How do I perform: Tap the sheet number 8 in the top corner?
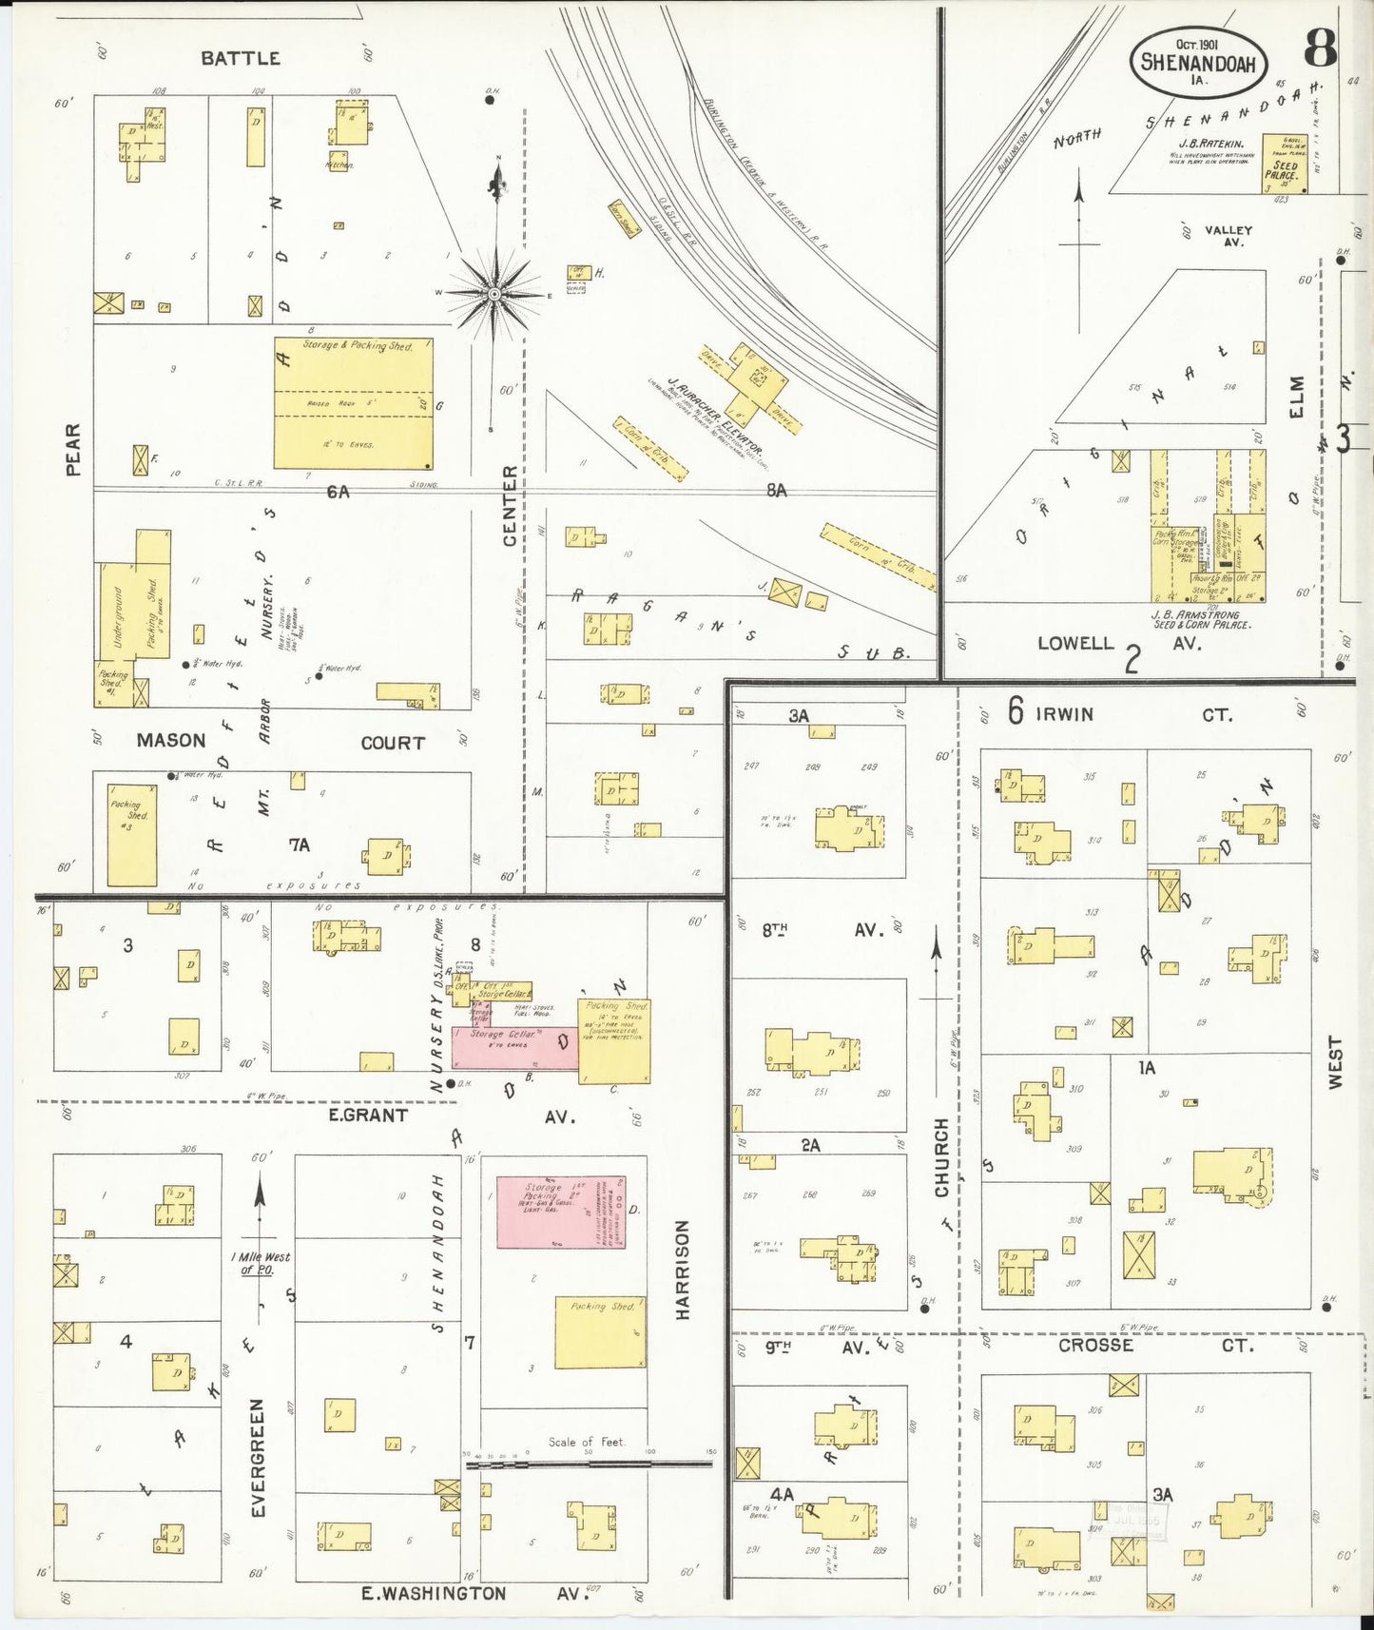1320,48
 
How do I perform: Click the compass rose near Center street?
494,294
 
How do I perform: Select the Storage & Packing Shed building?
354,402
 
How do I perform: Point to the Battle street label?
241,58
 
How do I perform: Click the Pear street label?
72,449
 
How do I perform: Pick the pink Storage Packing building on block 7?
561,1212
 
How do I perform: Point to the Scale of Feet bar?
588,1464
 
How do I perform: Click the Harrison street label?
682,1270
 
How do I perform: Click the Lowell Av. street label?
1117,643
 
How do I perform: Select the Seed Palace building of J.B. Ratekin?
1284,164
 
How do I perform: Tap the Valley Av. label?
1228,235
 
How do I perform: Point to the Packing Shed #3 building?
132,835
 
